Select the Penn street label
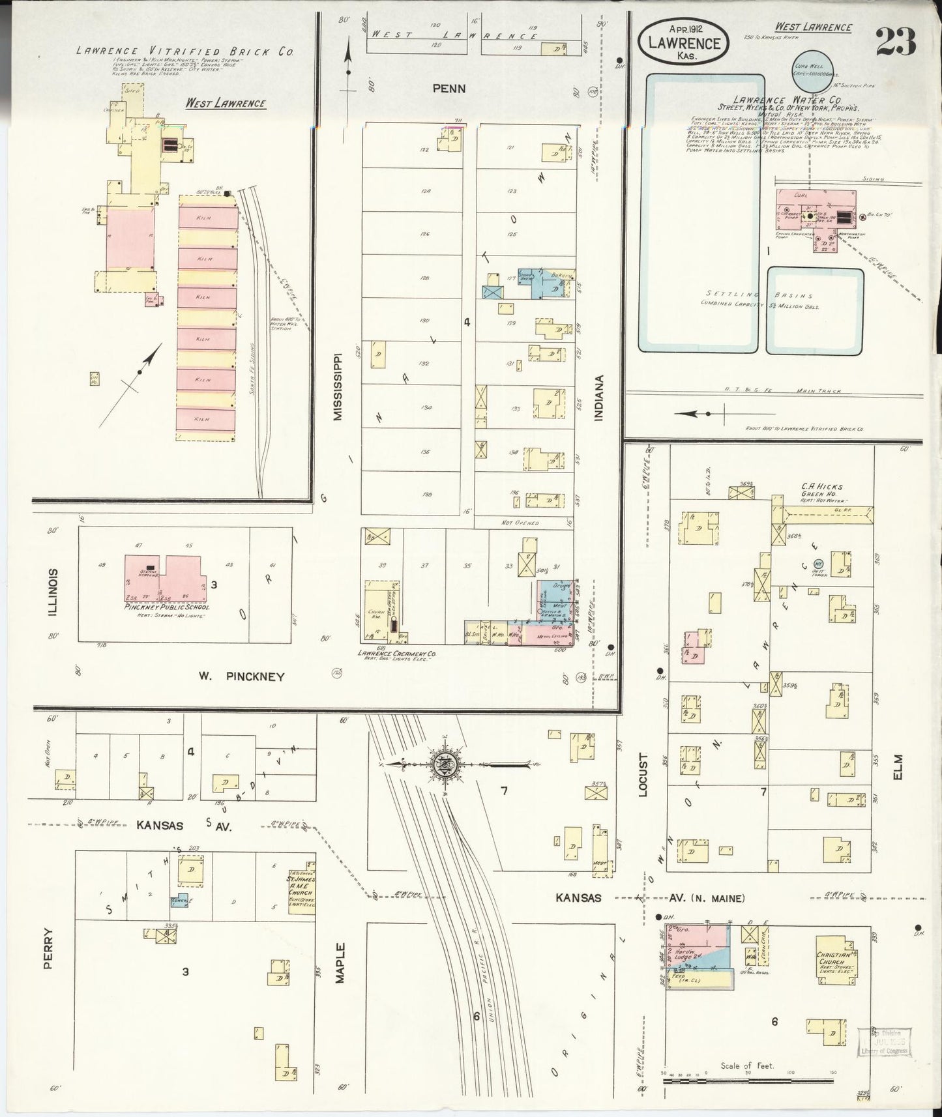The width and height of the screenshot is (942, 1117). [449, 88]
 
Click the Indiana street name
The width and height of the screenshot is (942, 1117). [599, 397]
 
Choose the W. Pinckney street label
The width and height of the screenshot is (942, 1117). [242, 676]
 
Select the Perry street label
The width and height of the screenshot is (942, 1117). [48, 948]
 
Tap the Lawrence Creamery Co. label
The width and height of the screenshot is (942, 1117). [396, 653]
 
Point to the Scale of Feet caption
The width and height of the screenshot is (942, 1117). [746, 1066]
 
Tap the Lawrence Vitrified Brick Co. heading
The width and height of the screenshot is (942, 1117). [184, 51]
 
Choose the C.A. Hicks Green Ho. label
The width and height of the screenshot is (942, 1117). [823, 490]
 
